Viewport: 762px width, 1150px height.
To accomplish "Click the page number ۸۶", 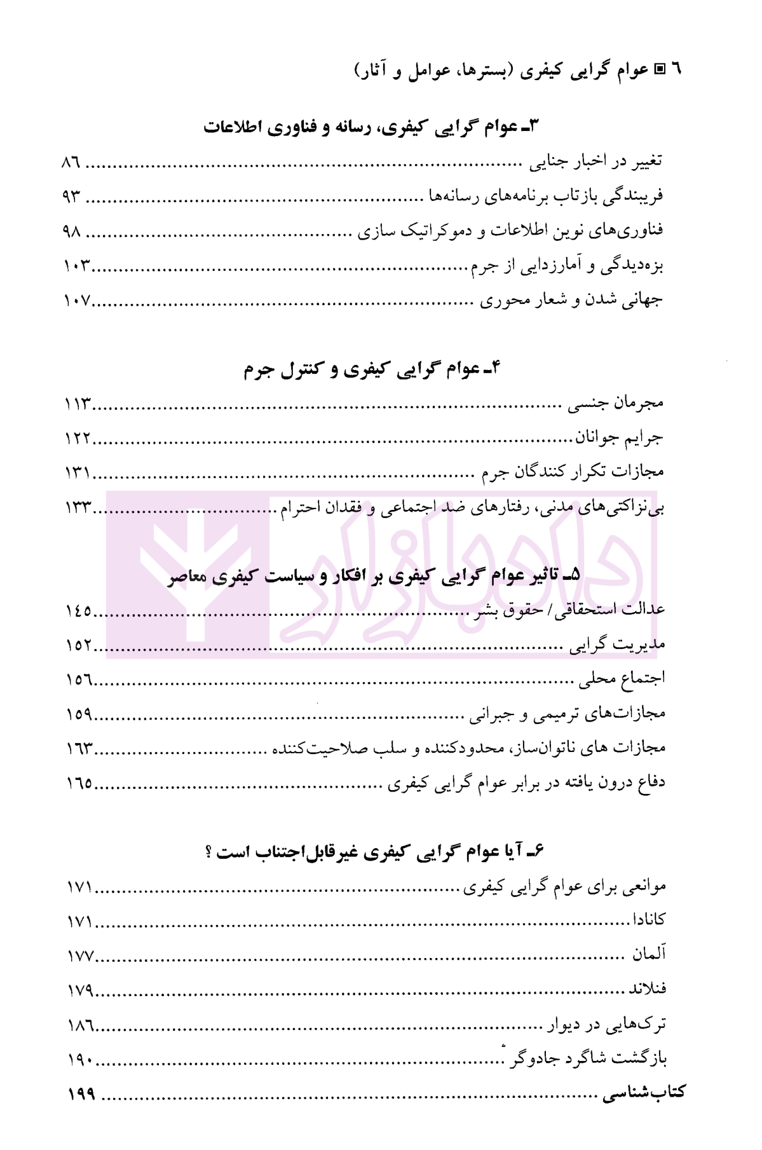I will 71,162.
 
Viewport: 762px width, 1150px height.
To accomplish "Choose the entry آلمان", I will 648,954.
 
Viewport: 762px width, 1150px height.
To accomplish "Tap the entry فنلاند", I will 647,989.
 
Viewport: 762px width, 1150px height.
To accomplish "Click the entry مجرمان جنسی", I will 615,403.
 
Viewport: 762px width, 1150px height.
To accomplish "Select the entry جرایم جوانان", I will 619,437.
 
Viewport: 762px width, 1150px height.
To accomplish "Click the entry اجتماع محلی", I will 621,679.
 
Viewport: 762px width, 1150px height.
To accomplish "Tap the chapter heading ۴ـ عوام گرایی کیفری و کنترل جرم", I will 372,369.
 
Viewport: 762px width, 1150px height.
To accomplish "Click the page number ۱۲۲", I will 78,438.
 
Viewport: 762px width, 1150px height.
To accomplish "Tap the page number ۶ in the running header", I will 676,69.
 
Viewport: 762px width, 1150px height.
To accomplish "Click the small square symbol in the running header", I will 659,69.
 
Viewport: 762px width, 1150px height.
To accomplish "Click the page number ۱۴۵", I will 79,612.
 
